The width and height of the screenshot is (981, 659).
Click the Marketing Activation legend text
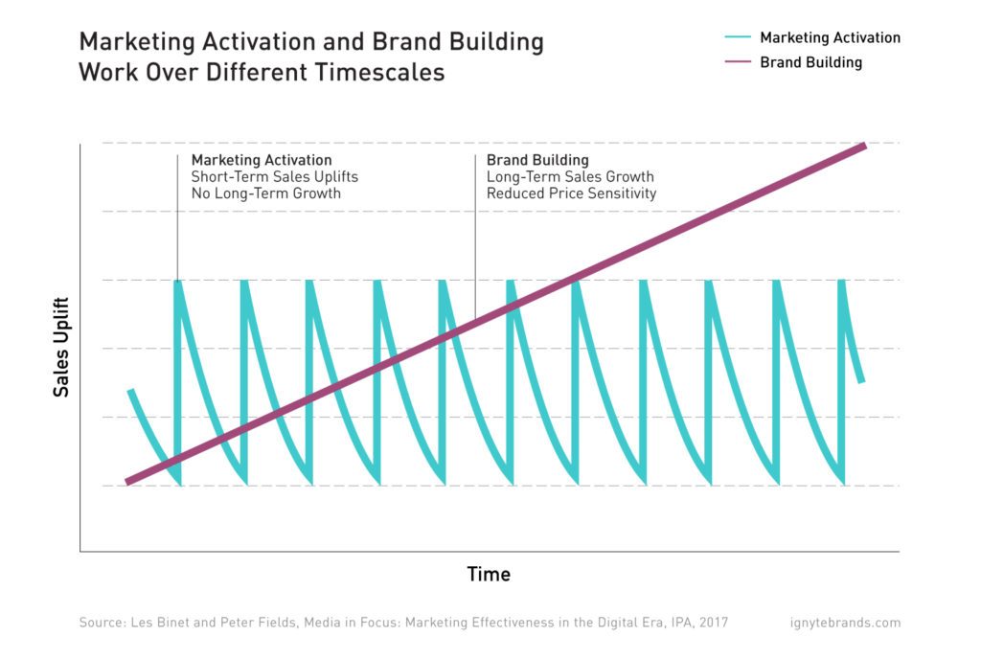[830, 38]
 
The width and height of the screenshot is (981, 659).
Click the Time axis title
[489, 575]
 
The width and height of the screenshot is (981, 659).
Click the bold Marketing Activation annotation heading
[262, 160]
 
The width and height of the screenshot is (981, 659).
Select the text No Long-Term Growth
[265, 193]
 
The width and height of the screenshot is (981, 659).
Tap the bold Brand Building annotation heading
[537, 160]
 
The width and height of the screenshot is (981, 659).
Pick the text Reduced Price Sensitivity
[571, 193]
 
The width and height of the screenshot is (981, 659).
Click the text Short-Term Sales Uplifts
[274, 177]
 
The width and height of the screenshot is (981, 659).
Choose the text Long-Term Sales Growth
[570, 177]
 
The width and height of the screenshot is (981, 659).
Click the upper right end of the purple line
[864, 146]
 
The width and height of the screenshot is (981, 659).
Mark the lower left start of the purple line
[127, 483]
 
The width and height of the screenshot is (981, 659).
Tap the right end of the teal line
[862, 380]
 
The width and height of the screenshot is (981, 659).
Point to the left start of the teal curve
[130, 391]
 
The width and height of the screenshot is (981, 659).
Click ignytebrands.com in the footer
[840, 623]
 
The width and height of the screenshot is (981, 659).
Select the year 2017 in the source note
[713, 623]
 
